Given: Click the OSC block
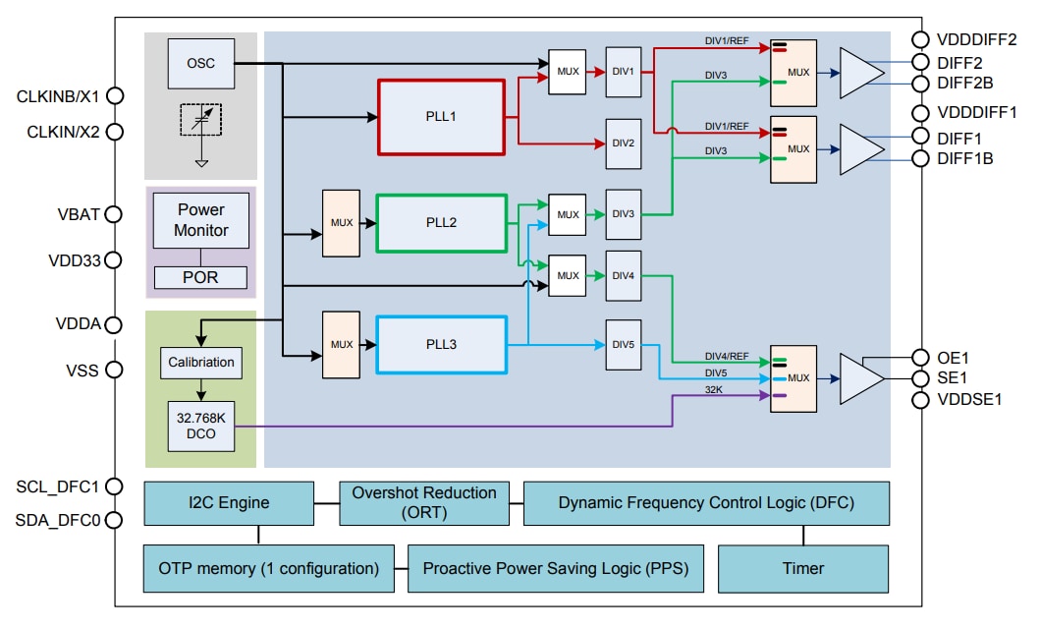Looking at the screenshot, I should pos(200,63).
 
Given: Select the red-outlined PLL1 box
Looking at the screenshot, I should pos(441,117).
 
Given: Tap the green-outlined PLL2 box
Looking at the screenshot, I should pos(441,223).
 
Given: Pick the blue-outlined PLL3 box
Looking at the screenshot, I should pos(441,345).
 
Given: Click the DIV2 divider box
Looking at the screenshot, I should pos(624,143).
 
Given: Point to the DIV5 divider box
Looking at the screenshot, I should pos(624,345).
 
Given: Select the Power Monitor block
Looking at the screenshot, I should pos(200,220).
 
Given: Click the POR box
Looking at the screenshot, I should pos(200,277).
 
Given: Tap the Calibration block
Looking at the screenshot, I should pos(200,362).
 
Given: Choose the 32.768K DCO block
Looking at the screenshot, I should pos(200,426).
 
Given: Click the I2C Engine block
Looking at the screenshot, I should pos(229,503).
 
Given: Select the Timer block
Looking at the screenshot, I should pos(803,568).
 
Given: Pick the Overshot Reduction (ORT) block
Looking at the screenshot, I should pos(423,503).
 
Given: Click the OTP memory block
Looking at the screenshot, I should pos(268,568).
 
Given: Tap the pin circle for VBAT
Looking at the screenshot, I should pos(114,214).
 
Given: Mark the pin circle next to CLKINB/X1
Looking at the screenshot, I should pos(114,96).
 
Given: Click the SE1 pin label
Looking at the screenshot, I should pos(952,378).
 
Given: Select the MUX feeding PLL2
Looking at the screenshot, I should pos(342,223).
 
